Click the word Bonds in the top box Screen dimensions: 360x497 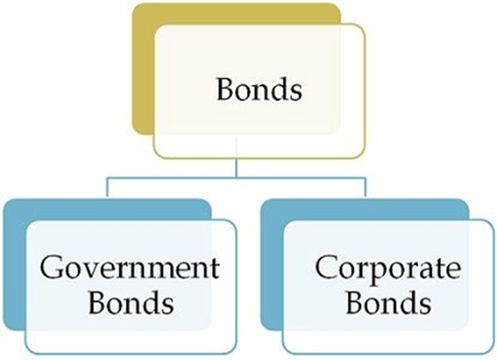[258, 90]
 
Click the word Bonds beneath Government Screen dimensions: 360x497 [130, 304]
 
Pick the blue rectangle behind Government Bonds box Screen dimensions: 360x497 [12, 266]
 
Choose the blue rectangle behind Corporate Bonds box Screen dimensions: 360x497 [270, 266]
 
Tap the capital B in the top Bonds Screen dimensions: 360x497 [224, 90]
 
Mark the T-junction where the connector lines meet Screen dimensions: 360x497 [236, 178]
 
